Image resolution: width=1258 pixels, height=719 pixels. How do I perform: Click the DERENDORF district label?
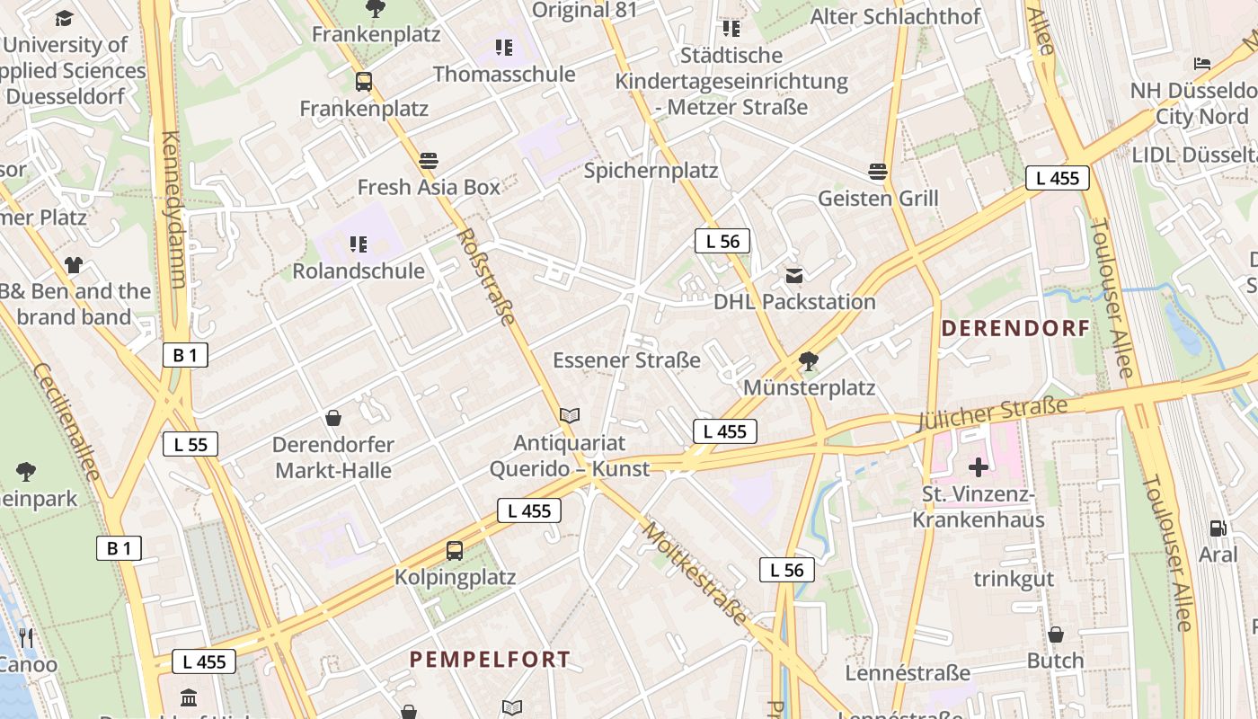[1015, 328]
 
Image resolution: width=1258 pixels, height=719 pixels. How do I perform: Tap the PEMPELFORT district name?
[490, 659]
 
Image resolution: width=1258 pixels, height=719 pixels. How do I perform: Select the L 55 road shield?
[190, 444]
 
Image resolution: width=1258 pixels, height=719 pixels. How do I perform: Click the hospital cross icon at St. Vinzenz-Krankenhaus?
[979, 466]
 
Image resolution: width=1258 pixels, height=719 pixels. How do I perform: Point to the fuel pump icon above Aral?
[1218, 528]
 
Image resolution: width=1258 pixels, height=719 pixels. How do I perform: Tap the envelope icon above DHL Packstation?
[794, 275]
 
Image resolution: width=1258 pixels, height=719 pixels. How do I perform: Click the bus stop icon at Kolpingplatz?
[455, 550]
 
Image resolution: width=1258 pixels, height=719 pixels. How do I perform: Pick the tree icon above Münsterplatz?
[809, 361]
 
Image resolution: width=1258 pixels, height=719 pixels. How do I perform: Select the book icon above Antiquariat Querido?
[570, 415]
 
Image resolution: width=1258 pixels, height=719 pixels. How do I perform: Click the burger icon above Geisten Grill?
[878, 171]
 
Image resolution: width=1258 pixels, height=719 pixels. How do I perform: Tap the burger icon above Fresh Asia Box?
[429, 161]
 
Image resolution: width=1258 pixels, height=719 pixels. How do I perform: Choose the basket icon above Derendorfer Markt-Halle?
[333, 418]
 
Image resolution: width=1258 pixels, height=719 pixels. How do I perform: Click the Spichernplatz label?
[651, 170]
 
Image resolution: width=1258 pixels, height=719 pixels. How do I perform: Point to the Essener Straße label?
[626, 360]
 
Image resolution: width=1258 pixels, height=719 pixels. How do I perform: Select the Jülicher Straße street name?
[993, 413]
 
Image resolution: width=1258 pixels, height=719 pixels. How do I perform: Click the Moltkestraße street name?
[694, 573]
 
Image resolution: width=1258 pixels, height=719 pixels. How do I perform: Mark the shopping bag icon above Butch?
[1056, 635]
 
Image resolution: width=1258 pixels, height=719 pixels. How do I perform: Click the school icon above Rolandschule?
[359, 244]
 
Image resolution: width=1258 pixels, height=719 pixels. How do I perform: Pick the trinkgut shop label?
[1014, 579]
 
